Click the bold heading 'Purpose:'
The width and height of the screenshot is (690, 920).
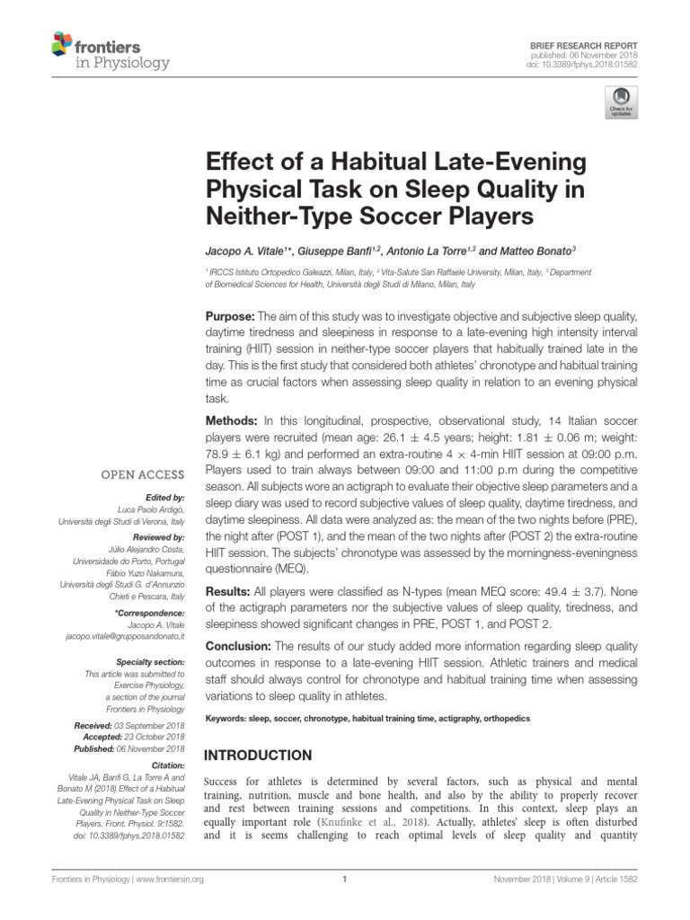point(231,317)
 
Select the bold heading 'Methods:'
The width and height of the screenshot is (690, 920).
point(233,420)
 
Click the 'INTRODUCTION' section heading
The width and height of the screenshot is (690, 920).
point(261,756)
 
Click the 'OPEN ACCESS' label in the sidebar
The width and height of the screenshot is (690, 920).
point(143,474)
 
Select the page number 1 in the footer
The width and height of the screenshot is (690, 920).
point(345,905)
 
